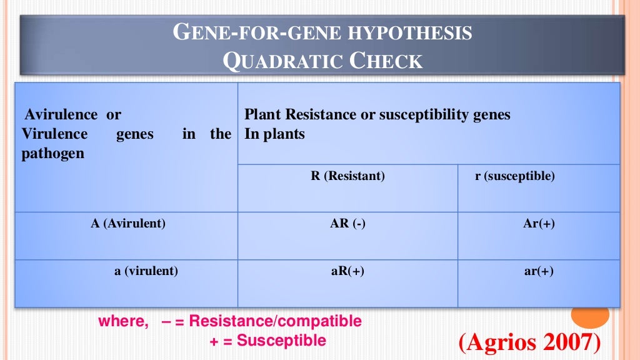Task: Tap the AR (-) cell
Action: pyautogui.click(x=347, y=224)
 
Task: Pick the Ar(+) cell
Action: pyautogui.click(x=539, y=224)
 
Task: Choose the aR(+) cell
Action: pyautogui.click(x=347, y=271)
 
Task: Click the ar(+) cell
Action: pyautogui.click(x=539, y=271)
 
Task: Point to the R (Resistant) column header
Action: pyautogui.click(x=347, y=176)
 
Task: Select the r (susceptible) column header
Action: pyautogui.click(x=514, y=176)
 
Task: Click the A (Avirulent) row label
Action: pyautogui.click(x=128, y=224)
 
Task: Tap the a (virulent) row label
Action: pyautogui.click(x=146, y=271)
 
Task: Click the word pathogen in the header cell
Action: pyautogui.click(x=53, y=153)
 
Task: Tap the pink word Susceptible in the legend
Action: pyautogui.click(x=281, y=341)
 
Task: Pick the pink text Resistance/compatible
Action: pyautogui.click(x=275, y=321)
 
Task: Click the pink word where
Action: pyautogui.click(x=123, y=321)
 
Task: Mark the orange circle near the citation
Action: pyautogui.click(x=591, y=314)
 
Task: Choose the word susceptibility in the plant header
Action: pyautogui.click(x=411, y=115)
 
